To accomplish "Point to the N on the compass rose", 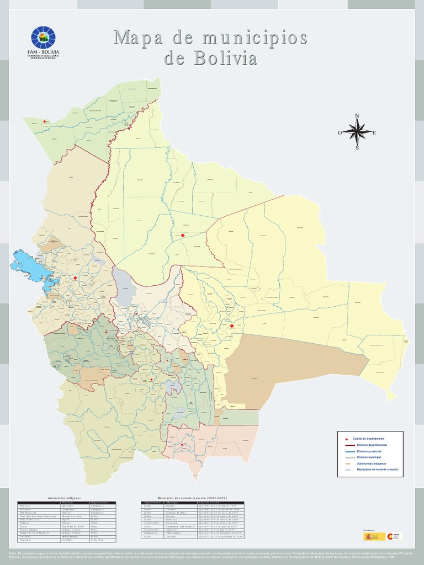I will click(357, 116).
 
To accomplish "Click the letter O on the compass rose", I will click(340, 132).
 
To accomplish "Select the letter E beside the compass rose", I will click(374, 132).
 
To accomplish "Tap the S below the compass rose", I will click(357, 148).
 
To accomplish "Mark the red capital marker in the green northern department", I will click(45, 121).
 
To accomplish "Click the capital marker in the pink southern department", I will click(182, 445).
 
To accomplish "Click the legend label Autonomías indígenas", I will click(372, 464).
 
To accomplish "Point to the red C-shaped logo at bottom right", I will click(390, 536).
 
